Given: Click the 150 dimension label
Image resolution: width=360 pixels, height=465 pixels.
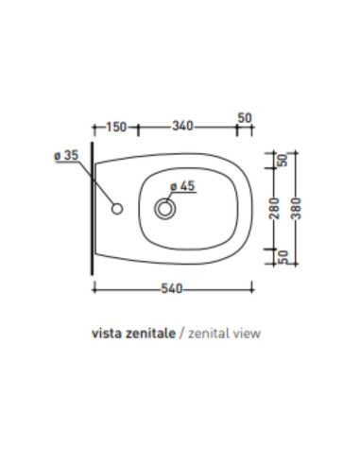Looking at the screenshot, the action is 116,128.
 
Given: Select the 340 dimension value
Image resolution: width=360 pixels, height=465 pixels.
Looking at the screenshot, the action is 182,126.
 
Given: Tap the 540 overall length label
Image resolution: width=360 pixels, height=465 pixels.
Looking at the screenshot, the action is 172,288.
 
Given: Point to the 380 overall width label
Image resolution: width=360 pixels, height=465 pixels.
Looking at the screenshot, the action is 296,209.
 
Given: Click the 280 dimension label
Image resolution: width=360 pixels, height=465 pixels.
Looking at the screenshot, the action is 275,209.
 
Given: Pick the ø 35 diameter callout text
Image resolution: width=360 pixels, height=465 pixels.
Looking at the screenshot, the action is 66,156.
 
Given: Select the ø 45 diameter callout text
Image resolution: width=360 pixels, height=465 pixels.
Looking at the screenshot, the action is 182,186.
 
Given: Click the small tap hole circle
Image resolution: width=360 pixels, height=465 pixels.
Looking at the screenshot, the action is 117,209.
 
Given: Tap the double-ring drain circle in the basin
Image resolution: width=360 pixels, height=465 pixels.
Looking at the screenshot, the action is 164,209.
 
